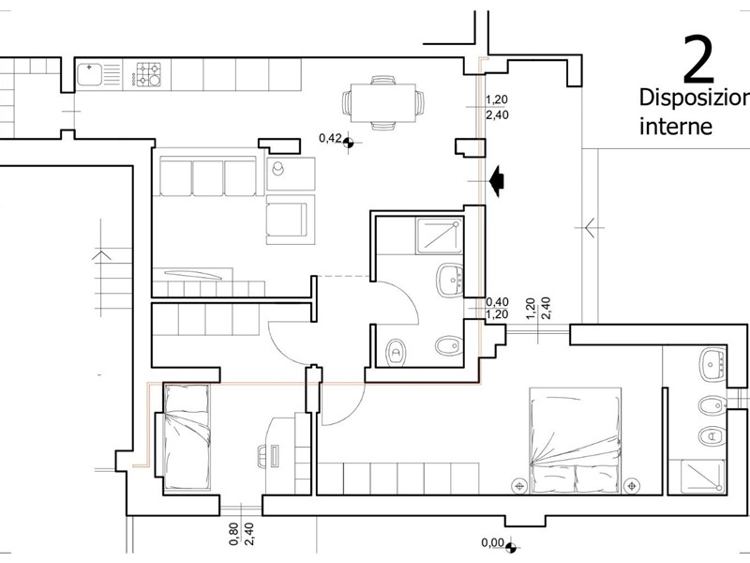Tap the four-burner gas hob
(147, 75)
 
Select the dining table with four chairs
(383, 103)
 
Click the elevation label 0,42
(330, 138)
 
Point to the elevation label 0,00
(493, 542)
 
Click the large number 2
(698, 58)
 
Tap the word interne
(676, 127)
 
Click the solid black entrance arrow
(496, 181)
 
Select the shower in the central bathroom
(440, 236)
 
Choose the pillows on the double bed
(576, 479)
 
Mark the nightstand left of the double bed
(518, 486)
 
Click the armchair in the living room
(287, 220)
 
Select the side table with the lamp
(291, 174)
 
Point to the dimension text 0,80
(233, 534)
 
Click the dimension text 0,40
(497, 302)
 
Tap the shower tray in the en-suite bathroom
(703, 476)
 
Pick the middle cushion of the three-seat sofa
(208, 177)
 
